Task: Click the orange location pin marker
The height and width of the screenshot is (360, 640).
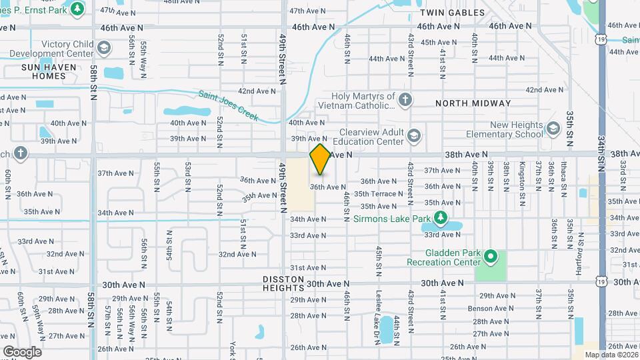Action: click(x=320, y=159)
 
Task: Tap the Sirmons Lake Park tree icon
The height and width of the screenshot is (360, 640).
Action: click(x=440, y=217)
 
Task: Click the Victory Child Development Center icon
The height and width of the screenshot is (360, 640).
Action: click(x=103, y=49)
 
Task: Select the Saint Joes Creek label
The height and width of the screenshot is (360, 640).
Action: click(x=228, y=105)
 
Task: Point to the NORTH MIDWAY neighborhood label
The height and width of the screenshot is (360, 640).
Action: click(x=473, y=103)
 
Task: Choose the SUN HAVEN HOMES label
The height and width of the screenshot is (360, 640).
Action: click(x=43, y=71)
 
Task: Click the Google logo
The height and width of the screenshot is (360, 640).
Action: click(x=22, y=351)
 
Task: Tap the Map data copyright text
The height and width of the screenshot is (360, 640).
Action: click(x=610, y=355)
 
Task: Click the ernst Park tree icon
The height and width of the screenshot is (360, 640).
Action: click(x=77, y=8)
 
